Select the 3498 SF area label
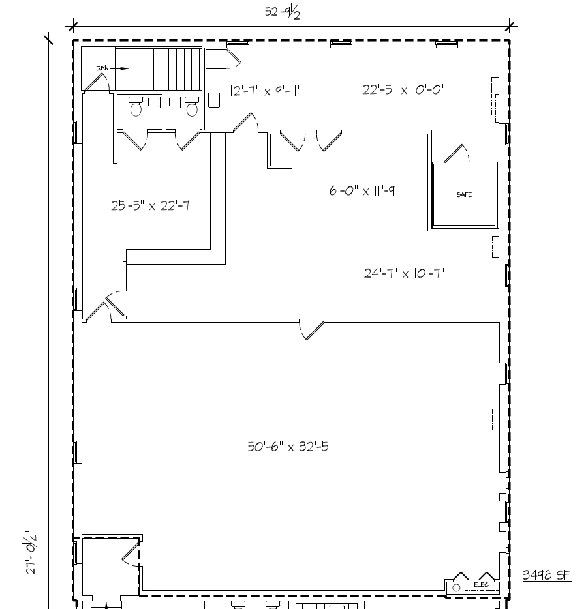[x=546, y=574]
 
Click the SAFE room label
[x=464, y=195]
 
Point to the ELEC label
[x=481, y=585]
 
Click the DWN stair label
[x=102, y=68]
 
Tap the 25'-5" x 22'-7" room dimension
[x=152, y=206]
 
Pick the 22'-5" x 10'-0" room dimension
[x=404, y=89]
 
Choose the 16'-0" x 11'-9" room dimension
[x=363, y=190]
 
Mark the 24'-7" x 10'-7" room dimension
[x=404, y=273]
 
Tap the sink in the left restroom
[x=154, y=102]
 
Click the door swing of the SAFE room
[x=456, y=154]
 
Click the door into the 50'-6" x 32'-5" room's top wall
[x=311, y=329]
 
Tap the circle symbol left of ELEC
[x=456, y=587]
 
